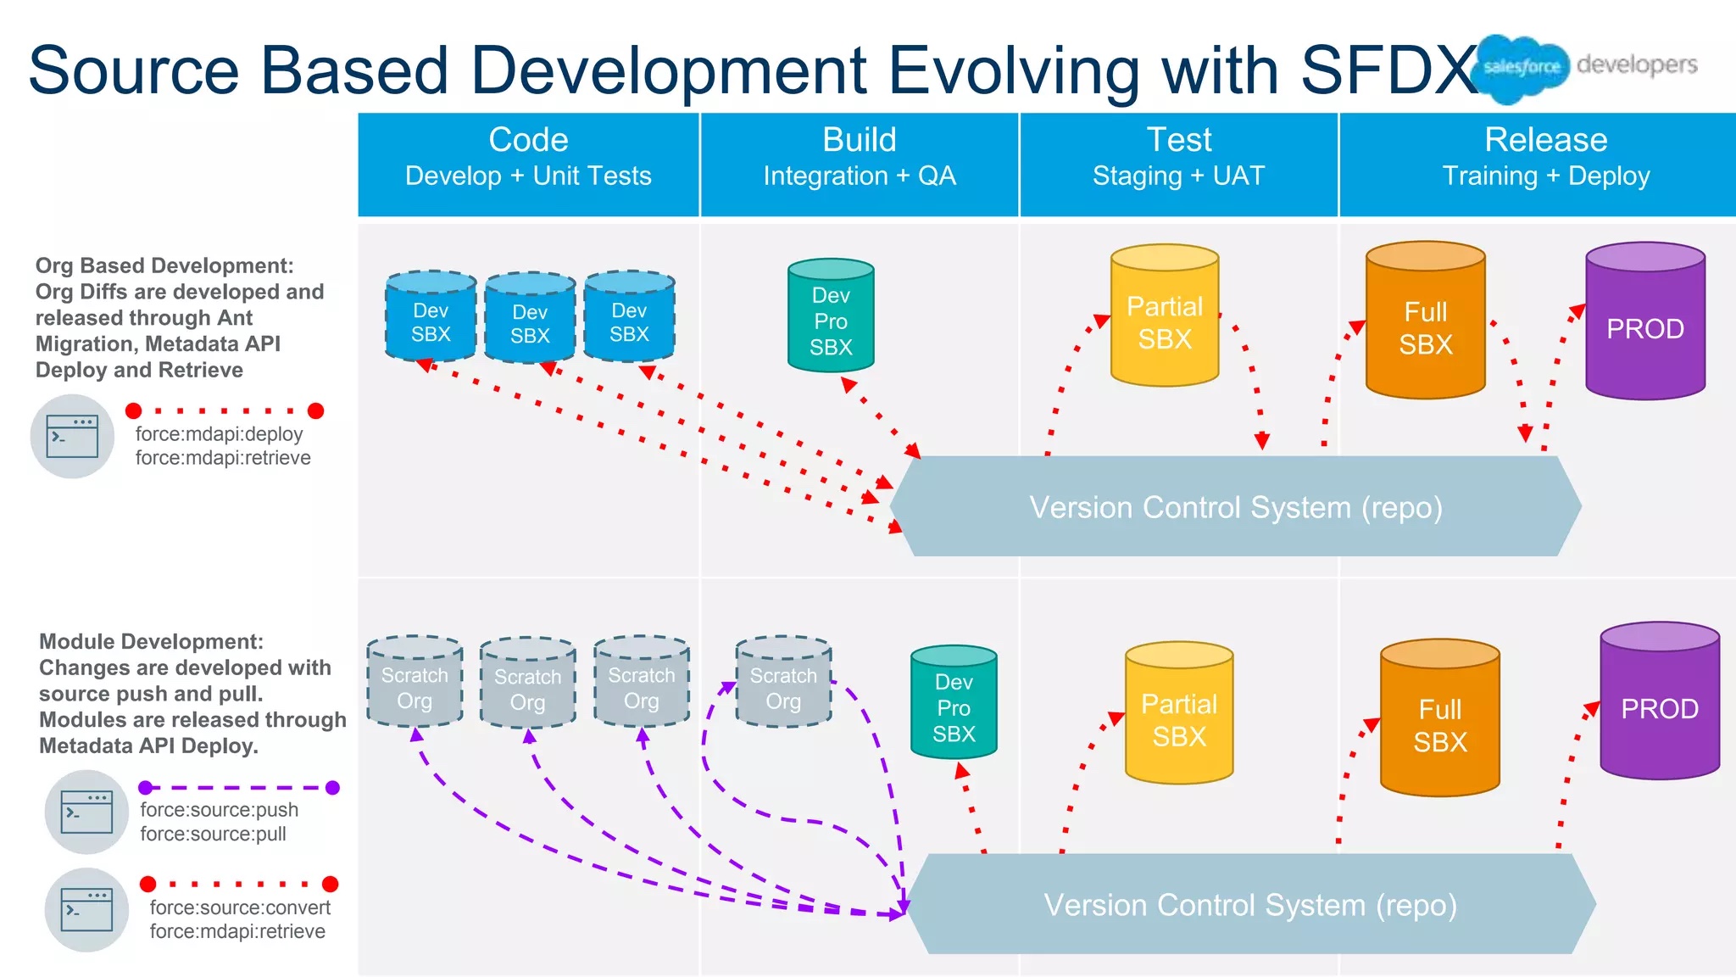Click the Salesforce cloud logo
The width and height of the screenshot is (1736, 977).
pos(1521,68)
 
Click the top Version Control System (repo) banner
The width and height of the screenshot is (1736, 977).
pos(1235,507)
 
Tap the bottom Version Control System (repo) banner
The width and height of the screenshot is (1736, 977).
pos(1249,904)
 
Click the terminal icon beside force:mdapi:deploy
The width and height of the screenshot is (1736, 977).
pos(72,436)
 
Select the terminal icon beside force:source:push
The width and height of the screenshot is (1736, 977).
pos(86,812)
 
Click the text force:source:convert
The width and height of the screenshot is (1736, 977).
pos(240,907)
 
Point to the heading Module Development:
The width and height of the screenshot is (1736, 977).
pos(151,641)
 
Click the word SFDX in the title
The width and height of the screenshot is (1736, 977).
pos(1390,70)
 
